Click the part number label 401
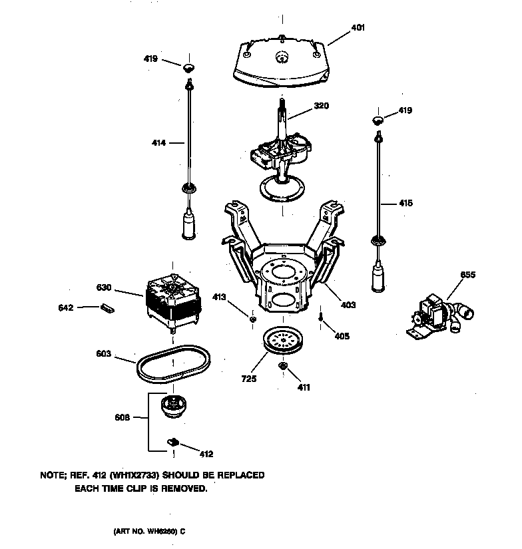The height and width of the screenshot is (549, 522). click(358, 28)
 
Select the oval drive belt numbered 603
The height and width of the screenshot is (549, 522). click(142, 367)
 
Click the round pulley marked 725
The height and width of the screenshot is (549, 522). click(282, 342)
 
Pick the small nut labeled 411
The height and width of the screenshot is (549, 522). click(282, 366)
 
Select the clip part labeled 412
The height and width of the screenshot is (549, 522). click(172, 441)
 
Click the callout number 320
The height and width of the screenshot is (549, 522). click(321, 106)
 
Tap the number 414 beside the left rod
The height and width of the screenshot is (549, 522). click(158, 142)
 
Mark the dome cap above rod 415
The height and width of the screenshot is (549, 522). click(378, 120)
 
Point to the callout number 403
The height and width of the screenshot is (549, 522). click(348, 305)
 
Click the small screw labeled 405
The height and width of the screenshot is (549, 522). click(321, 319)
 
